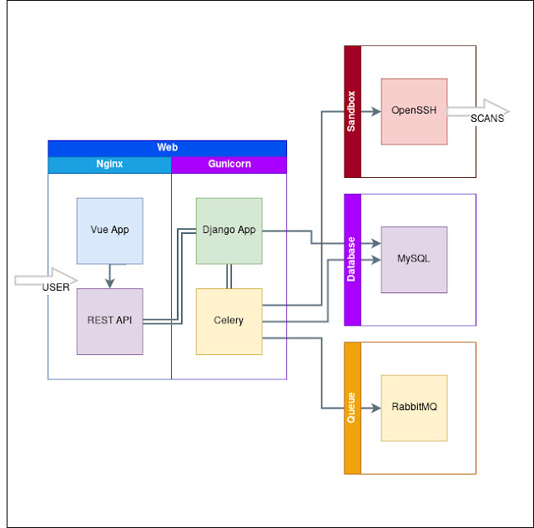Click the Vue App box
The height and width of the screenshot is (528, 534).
pos(109,231)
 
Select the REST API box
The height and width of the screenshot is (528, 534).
pos(109,322)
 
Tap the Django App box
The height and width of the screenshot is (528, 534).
pos(229,231)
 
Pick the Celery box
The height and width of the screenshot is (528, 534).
pos(229,322)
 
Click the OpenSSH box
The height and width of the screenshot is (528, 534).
pos(414,112)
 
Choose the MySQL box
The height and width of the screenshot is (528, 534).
pos(414,260)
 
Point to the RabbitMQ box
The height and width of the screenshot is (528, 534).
pos(414,408)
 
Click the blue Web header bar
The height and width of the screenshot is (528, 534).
pos(167,149)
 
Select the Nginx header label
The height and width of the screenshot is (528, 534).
pos(109,164)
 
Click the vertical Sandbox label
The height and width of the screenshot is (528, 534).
pos(351,111)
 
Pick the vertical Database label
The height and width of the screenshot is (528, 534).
pos(351,259)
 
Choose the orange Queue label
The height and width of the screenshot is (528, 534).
pos(351,408)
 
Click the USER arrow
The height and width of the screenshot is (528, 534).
pos(46,281)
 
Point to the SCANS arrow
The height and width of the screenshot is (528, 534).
pos(478,112)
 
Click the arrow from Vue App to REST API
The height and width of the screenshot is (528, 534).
pos(109,277)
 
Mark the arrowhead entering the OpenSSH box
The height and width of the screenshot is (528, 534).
pos(376,112)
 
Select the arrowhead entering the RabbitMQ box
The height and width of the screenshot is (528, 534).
pos(376,408)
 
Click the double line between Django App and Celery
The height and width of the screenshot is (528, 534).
pos(229,277)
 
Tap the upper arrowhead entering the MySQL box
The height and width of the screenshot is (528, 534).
pos(376,243)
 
